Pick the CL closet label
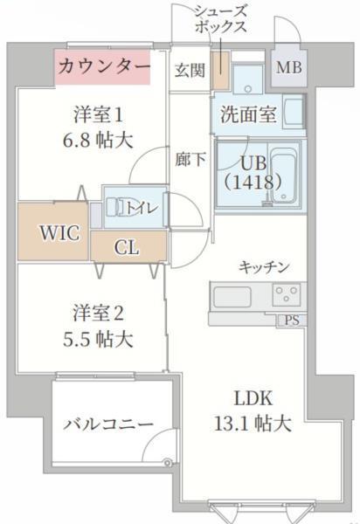(x=127, y=247)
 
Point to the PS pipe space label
(x=291, y=321)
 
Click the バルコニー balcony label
(x=109, y=424)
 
